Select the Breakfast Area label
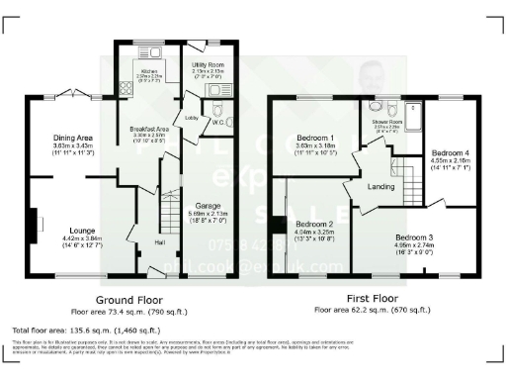(x=150, y=130)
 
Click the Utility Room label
(x=210, y=63)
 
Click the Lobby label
(x=194, y=117)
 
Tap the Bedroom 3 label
(x=415, y=237)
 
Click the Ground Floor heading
(x=128, y=298)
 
